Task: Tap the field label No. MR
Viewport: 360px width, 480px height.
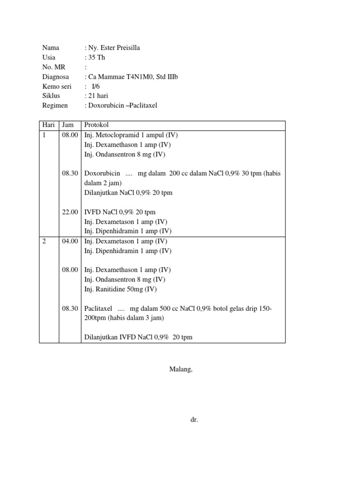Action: click(x=54, y=67)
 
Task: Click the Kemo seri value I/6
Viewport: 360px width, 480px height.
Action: click(x=96, y=86)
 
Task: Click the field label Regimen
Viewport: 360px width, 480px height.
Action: click(x=55, y=105)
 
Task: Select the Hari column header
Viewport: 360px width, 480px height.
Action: click(x=48, y=125)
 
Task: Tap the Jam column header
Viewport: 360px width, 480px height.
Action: click(x=68, y=125)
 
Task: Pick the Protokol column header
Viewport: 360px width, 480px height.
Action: click(x=96, y=125)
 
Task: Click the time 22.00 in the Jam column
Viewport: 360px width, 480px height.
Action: click(x=70, y=212)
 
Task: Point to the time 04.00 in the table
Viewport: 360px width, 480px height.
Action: click(x=70, y=241)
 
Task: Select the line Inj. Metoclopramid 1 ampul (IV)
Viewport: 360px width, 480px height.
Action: click(x=131, y=135)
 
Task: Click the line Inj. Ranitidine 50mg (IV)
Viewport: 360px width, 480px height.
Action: click(x=120, y=289)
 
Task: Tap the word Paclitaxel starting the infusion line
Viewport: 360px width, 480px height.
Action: click(x=98, y=308)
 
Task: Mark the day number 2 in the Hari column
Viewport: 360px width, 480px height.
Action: click(x=44, y=241)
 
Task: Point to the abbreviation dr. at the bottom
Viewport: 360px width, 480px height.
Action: click(x=195, y=420)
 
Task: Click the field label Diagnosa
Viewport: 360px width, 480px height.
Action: click(x=55, y=76)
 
